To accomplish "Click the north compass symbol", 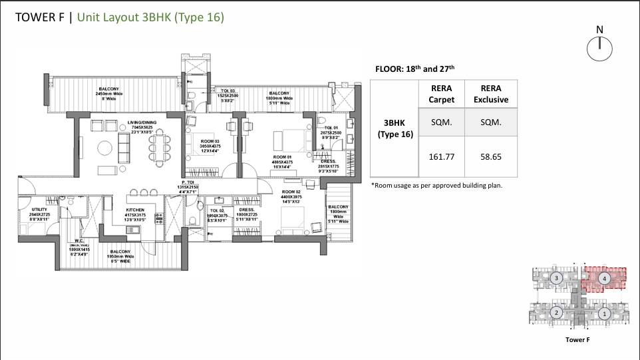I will pyautogui.click(x=599, y=47).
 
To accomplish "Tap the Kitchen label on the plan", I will pyautogui.click(x=135, y=214).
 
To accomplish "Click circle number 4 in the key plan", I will pyautogui.click(x=603, y=278).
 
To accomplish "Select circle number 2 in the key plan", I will pyautogui.click(x=556, y=312).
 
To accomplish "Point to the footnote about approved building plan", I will pyautogui.click(x=436, y=186).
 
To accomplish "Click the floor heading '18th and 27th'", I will pyautogui.click(x=415, y=69).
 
